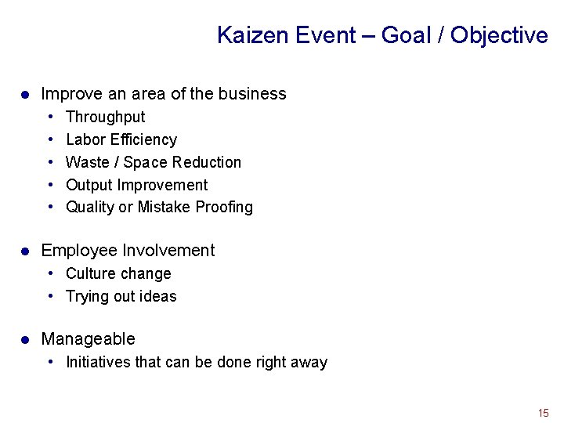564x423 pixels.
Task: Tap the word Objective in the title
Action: click(499, 35)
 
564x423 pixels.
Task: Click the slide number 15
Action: click(543, 413)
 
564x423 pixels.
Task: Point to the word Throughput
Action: click(105, 117)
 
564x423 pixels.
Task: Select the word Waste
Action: click(88, 162)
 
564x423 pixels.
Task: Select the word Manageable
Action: click(88, 339)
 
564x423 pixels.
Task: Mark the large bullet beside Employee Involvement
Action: click(25, 251)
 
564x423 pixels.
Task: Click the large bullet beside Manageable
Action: click(25, 340)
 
